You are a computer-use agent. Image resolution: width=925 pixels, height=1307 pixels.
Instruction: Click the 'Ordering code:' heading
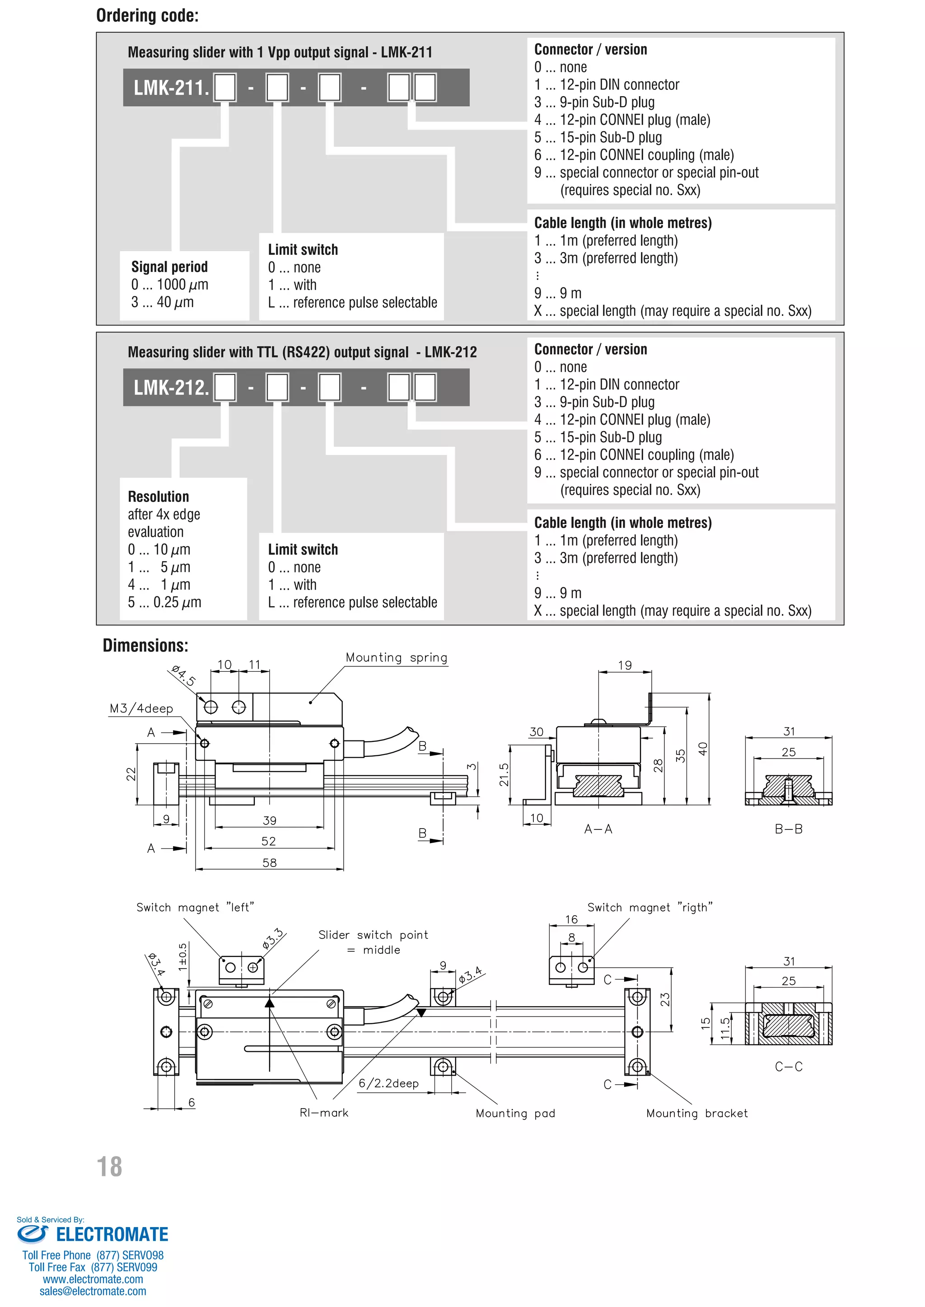click(148, 15)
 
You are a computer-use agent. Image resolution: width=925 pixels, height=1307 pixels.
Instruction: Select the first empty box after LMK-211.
click(225, 88)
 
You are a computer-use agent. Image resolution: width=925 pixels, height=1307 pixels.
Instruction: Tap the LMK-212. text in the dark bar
click(171, 388)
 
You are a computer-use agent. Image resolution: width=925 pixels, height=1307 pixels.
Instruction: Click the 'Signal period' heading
click(169, 267)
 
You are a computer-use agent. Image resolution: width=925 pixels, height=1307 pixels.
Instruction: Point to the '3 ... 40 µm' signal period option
click(162, 302)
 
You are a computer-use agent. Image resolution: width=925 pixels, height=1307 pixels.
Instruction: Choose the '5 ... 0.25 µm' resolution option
click(164, 602)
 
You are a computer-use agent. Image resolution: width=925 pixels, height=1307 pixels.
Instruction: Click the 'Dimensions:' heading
click(145, 646)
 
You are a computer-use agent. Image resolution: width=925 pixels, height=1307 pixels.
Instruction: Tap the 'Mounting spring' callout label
click(397, 657)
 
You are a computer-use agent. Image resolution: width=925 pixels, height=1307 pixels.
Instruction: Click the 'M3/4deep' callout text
click(141, 708)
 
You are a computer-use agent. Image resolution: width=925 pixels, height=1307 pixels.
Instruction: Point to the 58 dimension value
click(269, 862)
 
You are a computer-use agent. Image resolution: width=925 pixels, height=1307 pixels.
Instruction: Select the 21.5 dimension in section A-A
click(504, 775)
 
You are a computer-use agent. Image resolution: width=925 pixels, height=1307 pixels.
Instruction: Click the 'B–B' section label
click(788, 829)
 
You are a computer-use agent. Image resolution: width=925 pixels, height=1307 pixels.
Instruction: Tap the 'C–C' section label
click(788, 1067)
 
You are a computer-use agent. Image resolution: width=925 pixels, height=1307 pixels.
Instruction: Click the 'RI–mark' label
click(323, 1112)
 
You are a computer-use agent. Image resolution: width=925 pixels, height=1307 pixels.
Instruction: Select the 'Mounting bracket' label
click(696, 1113)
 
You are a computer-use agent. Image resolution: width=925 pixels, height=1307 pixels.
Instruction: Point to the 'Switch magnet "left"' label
click(195, 907)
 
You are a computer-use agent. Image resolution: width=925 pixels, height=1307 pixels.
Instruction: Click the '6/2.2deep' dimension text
click(388, 1083)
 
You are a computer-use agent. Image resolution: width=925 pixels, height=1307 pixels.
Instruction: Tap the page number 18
click(109, 1166)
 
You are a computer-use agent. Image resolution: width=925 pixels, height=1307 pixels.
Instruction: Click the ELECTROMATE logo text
click(112, 1235)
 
